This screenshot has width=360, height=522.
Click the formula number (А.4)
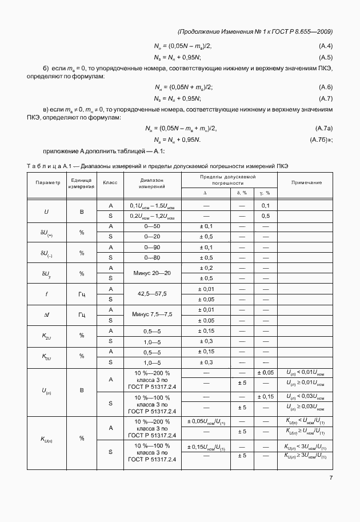[x=326, y=46]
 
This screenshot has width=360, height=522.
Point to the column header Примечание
[x=306, y=182]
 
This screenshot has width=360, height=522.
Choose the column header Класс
[x=110, y=182]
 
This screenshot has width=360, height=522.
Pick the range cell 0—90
[x=152, y=247]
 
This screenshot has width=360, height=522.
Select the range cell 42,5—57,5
[x=152, y=294]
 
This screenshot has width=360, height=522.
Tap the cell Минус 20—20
[x=152, y=273]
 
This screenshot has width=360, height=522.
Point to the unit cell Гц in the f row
[x=82, y=294]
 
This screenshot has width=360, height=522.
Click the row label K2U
[x=47, y=336]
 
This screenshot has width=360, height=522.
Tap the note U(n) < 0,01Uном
[x=306, y=372]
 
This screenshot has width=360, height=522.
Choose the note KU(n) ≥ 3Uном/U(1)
[x=306, y=455]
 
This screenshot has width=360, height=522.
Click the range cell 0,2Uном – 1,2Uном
[x=152, y=216]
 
